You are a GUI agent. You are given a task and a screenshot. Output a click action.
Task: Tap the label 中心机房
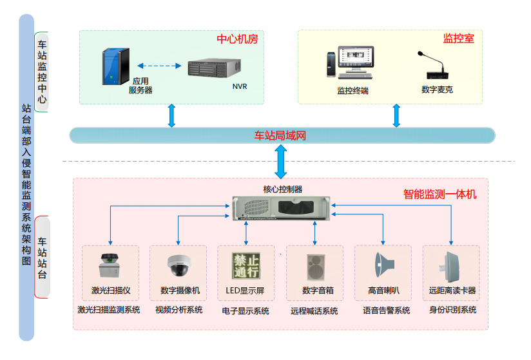coord(237,39)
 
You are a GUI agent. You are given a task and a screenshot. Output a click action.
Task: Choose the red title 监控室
coord(458,39)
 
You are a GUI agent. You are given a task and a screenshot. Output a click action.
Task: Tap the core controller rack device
coord(280,207)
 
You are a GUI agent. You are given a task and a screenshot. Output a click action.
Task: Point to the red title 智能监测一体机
coord(439,193)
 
